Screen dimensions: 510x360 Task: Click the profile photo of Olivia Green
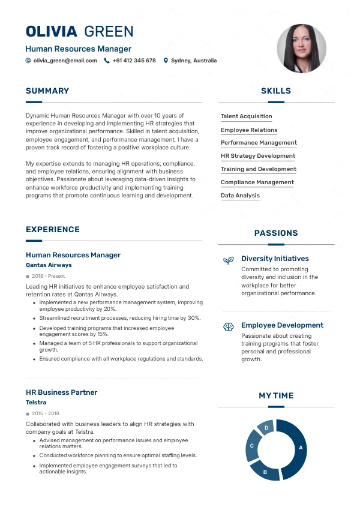point(301,49)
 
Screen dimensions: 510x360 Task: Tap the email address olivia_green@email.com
point(65,61)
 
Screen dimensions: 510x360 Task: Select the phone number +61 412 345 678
point(134,61)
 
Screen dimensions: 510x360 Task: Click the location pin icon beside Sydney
point(166,61)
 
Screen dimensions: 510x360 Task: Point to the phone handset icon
point(107,61)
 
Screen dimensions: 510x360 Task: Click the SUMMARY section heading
point(47,91)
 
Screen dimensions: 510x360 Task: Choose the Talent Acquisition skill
point(246,116)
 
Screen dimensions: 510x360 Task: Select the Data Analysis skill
point(240,196)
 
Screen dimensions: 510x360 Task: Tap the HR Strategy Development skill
point(258,156)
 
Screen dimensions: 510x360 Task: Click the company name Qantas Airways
point(49,265)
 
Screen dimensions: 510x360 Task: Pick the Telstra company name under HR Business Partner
point(36,402)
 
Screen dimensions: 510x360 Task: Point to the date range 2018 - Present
point(48,276)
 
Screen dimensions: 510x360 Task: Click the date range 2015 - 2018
point(46,413)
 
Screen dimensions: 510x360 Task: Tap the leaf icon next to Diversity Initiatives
point(228,260)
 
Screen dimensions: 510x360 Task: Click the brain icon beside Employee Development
point(228,326)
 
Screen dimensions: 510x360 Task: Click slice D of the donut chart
point(266,428)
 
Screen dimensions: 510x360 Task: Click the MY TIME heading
point(276,396)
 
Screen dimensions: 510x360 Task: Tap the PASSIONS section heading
point(276,233)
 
